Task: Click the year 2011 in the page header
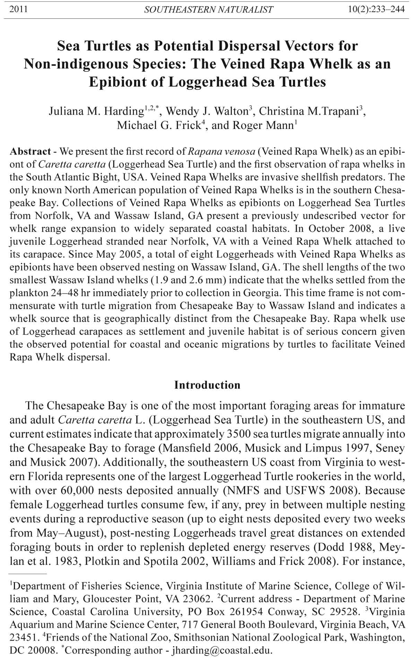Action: pyautogui.click(x=18, y=9)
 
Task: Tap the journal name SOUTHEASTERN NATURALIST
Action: pyautogui.click(x=208, y=10)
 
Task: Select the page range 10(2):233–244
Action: pyautogui.click(x=376, y=9)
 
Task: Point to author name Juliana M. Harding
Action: pyautogui.click(x=96, y=111)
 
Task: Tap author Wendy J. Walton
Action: pyautogui.click(x=207, y=111)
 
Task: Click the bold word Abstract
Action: pyautogui.click(x=31, y=151)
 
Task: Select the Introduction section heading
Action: pyautogui.click(x=207, y=385)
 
